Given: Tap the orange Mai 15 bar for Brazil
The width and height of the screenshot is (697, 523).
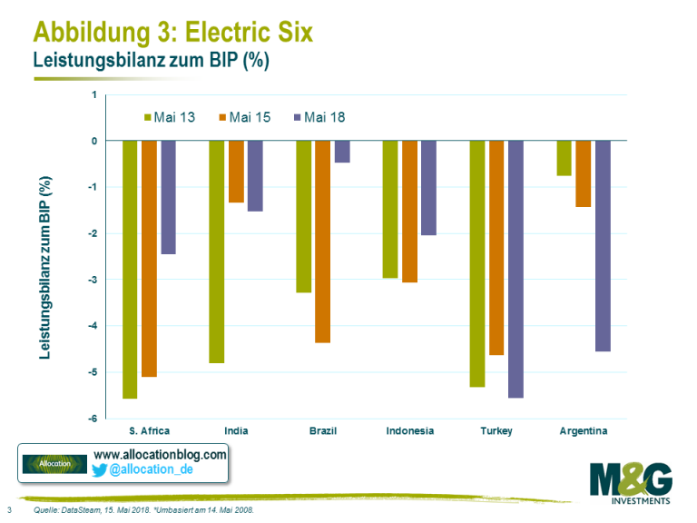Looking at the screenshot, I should (323, 242).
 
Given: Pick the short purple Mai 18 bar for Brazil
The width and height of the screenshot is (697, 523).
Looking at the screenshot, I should (342, 152).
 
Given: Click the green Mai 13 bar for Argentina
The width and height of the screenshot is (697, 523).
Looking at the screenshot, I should (564, 158).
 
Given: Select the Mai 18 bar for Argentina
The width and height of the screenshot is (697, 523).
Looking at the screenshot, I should (603, 245).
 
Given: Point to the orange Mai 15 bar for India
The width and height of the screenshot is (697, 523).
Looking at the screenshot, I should (236, 172).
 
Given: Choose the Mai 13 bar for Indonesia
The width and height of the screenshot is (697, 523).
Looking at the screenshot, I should (390, 209).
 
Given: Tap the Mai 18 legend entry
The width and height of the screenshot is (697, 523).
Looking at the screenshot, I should (319, 117).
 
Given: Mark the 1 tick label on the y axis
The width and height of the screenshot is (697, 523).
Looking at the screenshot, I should (94, 94).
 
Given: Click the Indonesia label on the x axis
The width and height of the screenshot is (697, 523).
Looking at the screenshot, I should (409, 431).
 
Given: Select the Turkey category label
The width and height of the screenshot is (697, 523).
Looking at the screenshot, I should (496, 431).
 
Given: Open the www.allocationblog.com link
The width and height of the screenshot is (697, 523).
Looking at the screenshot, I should (160, 453).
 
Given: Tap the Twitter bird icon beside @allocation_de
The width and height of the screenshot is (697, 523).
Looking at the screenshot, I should (101, 469).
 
